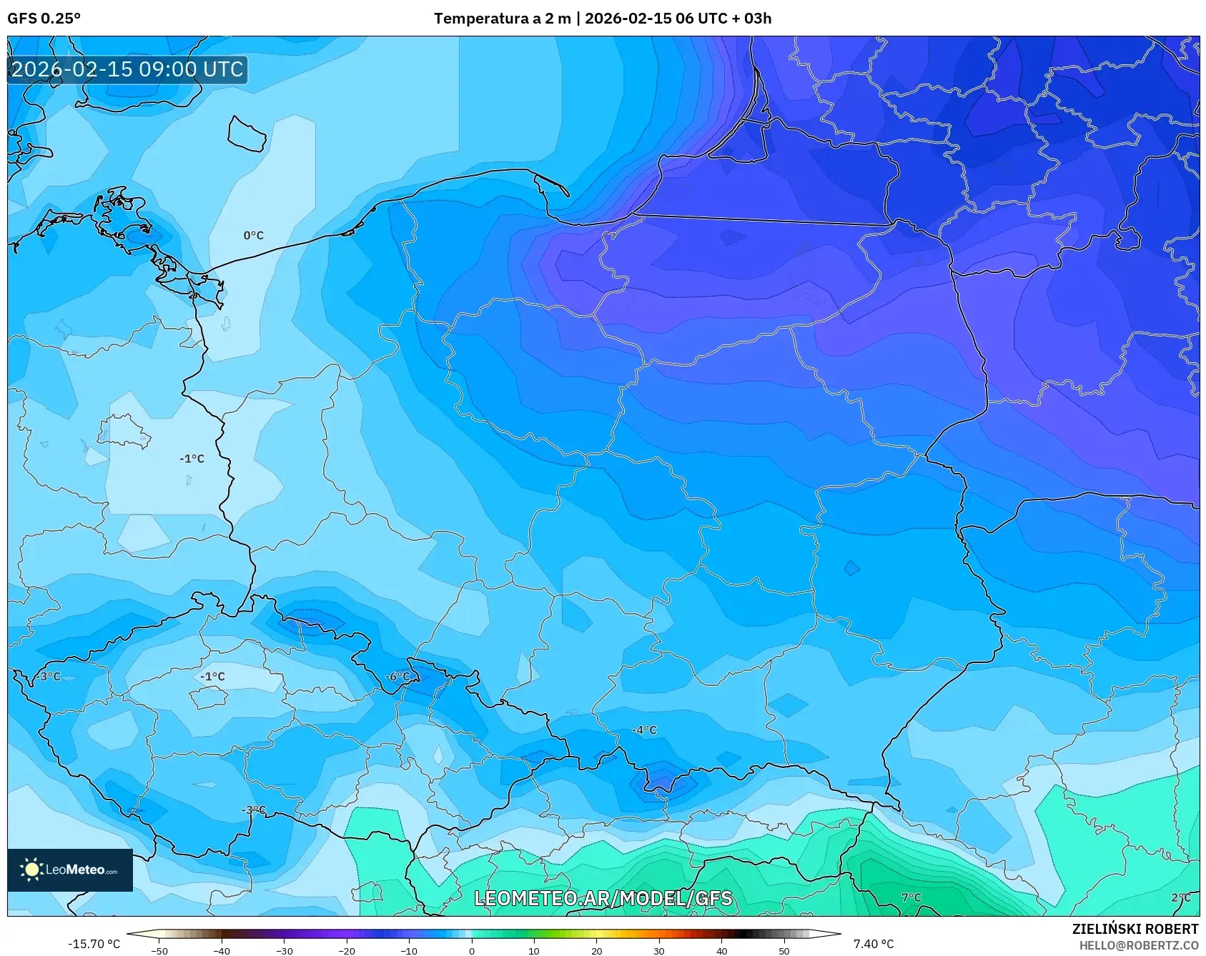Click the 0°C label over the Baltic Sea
click(x=253, y=235)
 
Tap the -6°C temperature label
click(x=397, y=677)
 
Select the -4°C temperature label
click(x=643, y=730)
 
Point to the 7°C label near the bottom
click(x=911, y=897)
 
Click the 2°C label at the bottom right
click(x=1181, y=897)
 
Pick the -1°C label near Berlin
click(x=192, y=459)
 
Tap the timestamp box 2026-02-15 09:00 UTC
click(x=127, y=69)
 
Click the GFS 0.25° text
click(x=44, y=19)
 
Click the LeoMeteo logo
click(x=69, y=870)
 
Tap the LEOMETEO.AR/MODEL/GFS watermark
click(x=603, y=898)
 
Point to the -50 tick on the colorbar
click(x=159, y=950)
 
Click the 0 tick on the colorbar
click(x=471, y=950)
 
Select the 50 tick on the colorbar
click(x=784, y=950)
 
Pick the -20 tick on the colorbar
click(x=347, y=950)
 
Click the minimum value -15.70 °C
click(x=94, y=944)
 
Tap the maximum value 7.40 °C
click(x=873, y=944)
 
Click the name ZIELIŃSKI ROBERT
click(x=1135, y=929)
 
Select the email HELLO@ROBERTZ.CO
click(x=1138, y=945)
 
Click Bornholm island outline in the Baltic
click(x=247, y=134)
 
